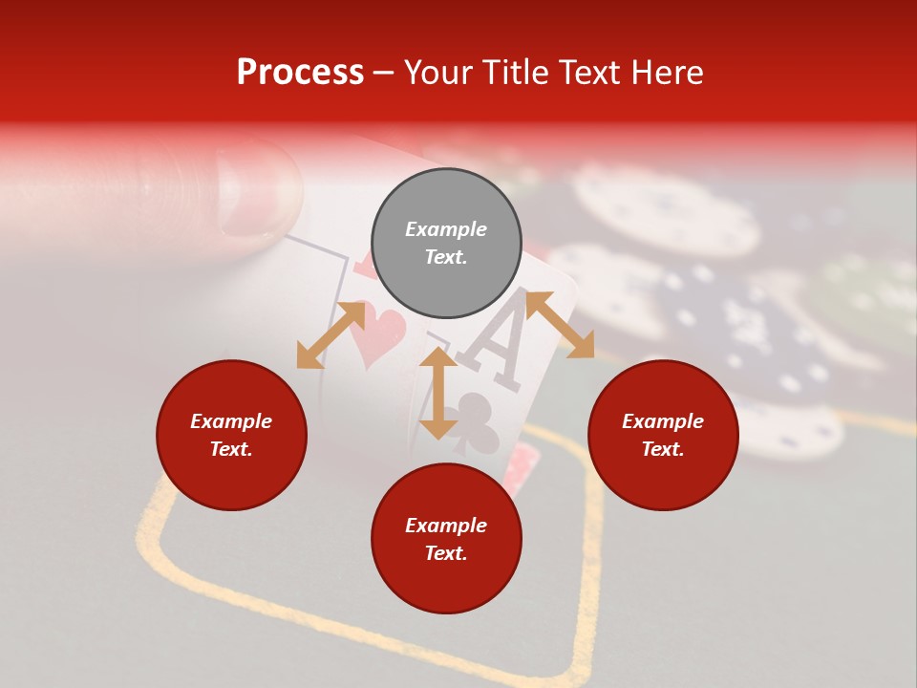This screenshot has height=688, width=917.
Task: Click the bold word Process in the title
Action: [300, 73]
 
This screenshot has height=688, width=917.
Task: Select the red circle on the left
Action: [231, 435]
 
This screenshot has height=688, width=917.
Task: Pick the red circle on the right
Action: [663, 435]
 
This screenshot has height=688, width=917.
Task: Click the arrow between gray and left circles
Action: [331, 334]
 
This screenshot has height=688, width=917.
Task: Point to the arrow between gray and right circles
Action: [560, 325]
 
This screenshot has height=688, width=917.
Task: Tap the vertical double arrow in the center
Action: [438, 393]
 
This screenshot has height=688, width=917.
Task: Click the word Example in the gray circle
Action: [446, 229]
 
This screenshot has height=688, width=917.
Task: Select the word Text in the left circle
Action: [231, 449]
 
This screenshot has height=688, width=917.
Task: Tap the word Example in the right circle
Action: [663, 421]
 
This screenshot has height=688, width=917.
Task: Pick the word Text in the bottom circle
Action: [446, 553]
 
